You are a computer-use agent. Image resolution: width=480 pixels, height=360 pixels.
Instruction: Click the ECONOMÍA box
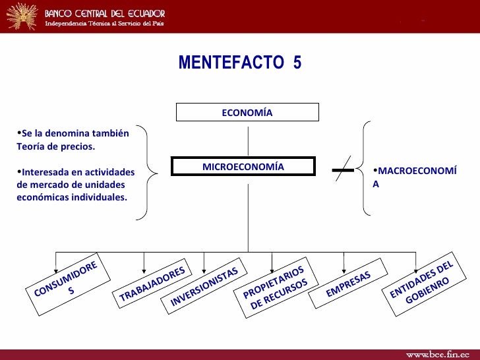click(247, 112)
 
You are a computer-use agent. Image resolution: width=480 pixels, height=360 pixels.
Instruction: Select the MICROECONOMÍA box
click(243, 166)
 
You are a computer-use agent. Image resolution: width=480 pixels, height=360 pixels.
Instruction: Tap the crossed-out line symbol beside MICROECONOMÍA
click(343, 170)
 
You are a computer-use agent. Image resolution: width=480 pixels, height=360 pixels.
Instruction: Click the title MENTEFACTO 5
click(239, 63)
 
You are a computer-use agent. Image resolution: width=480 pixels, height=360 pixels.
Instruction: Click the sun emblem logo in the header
click(20, 16)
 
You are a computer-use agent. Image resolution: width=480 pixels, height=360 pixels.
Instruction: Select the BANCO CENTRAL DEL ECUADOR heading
click(105, 13)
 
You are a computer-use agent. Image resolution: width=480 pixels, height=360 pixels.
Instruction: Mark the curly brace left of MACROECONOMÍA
click(364, 167)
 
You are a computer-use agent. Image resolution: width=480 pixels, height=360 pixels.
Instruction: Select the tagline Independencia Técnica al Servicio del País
click(104, 24)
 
